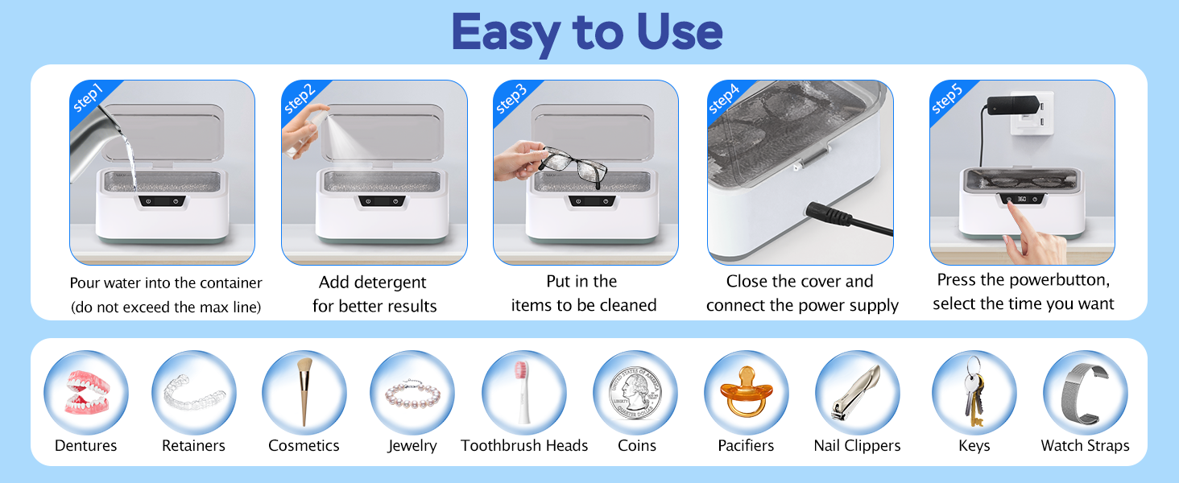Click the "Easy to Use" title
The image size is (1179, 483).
pyautogui.click(x=586, y=32)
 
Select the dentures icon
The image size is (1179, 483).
pyautogui.click(x=86, y=393)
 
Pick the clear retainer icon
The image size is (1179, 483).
pyautogui.click(x=194, y=393)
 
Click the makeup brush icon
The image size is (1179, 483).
pyautogui.click(x=304, y=391)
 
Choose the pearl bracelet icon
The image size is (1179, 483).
pyautogui.click(x=412, y=394)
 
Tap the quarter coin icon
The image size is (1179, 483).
pyautogui.click(x=635, y=393)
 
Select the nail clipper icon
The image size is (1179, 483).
pyautogui.click(x=857, y=393)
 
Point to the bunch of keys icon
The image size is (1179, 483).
pyautogui.click(x=973, y=391)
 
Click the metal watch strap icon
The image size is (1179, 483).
pyautogui.click(x=1085, y=391)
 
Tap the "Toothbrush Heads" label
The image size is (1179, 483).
pyautogui.click(x=524, y=446)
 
